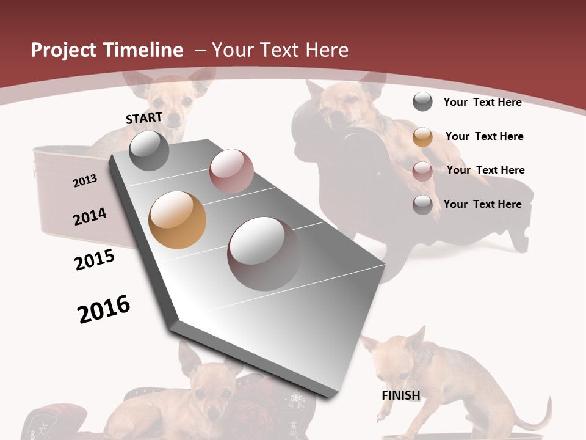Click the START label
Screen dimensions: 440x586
point(144,118)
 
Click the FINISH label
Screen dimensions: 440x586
point(401,395)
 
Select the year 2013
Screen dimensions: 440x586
point(85,181)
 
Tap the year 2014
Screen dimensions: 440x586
point(90,216)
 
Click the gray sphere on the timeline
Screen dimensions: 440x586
point(149,150)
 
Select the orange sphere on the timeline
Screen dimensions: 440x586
point(177,220)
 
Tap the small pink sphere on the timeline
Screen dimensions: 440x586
point(231,170)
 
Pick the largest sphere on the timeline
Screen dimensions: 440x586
point(264,254)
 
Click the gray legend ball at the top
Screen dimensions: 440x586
point(422,101)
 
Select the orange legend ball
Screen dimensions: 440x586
point(422,137)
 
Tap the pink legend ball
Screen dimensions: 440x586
point(422,171)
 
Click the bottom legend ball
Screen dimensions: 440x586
point(422,205)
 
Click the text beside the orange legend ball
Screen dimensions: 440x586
point(484,136)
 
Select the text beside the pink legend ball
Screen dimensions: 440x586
point(485,170)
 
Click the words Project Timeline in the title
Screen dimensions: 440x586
point(107,50)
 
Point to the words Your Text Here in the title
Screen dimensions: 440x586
point(280,50)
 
